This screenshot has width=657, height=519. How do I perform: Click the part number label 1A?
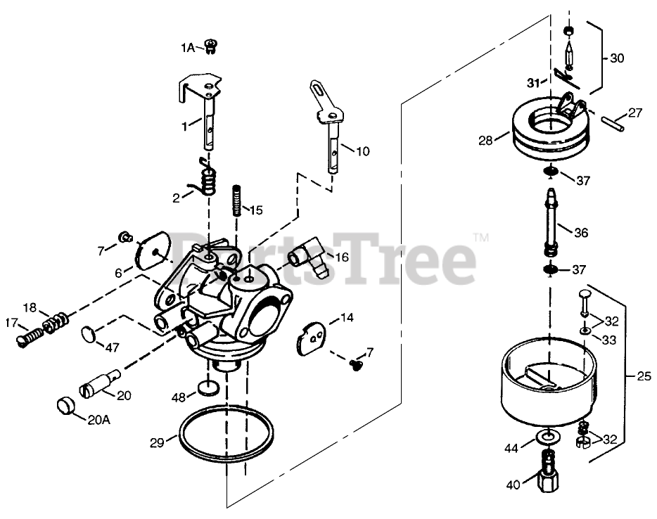187,48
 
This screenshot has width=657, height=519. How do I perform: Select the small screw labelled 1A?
211,46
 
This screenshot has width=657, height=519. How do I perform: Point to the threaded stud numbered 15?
237,200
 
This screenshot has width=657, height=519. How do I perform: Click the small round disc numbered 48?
207,386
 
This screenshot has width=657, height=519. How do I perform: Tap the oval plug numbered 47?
87,333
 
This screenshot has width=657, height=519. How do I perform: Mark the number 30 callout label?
616,58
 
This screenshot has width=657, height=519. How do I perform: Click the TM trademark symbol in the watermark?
482,238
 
